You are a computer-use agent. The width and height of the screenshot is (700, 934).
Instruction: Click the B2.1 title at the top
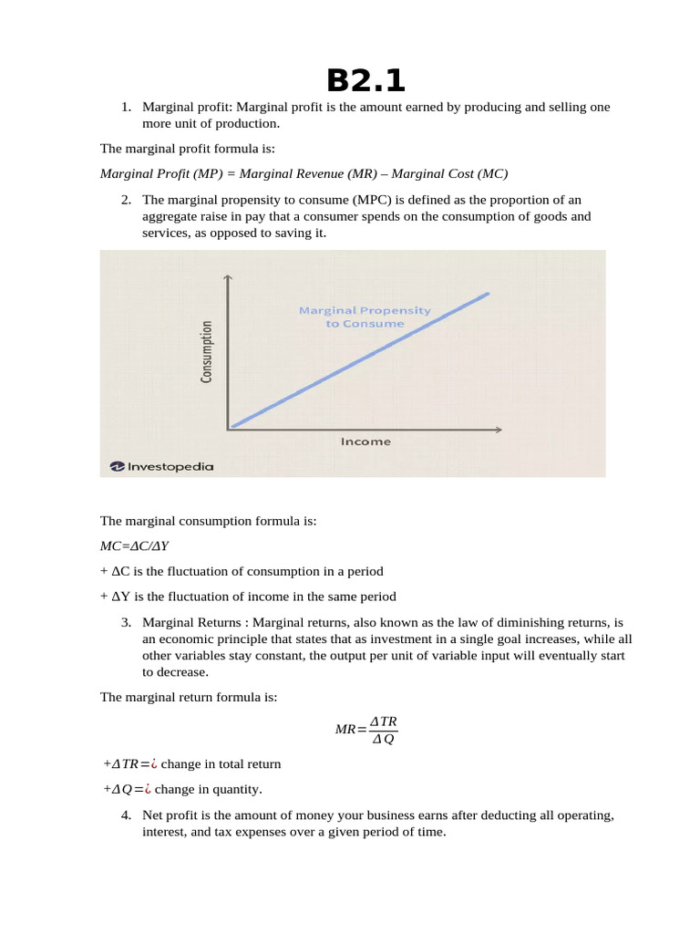point(365,80)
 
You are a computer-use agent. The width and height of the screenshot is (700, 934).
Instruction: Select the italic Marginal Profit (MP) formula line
point(303,173)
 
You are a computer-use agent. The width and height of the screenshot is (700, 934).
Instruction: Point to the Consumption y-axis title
point(207,351)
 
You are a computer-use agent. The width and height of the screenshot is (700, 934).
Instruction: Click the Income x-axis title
point(365,441)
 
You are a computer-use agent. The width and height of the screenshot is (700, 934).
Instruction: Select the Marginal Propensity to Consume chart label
point(365,317)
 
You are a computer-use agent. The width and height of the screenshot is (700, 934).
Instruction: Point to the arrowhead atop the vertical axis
point(228,278)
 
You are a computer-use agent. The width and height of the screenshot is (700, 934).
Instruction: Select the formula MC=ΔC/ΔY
point(135,546)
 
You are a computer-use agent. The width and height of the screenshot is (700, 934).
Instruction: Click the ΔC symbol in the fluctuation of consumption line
point(118,571)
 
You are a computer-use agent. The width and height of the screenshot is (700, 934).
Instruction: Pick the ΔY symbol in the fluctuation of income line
point(118,597)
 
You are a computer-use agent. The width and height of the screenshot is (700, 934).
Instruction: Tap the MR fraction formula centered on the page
point(366,730)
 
